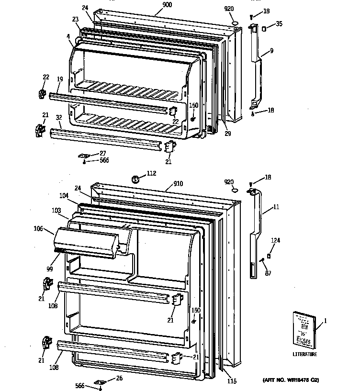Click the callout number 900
tap(167, 5)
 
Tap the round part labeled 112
tap(136, 179)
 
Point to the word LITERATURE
tap(304, 355)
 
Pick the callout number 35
tap(279, 23)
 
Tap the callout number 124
tap(275, 240)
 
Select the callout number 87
tap(269, 273)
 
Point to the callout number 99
tap(49, 269)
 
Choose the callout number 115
tap(232, 381)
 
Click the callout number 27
tap(102, 153)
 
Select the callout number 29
tap(227, 134)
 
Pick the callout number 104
tap(64, 196)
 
